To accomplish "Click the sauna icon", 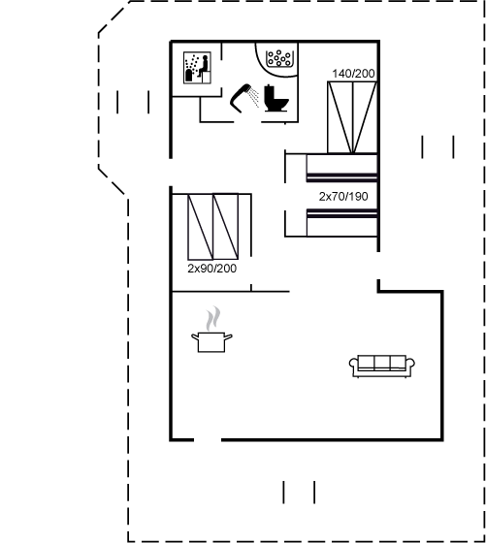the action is (x=197, y=68).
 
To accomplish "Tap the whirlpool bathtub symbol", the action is (x=278, y=58).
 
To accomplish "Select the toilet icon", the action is (x=276, y=98).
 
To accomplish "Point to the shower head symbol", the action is (x=241, y=98).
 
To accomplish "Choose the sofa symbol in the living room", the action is (x=382, y=366).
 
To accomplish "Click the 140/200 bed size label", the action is (x=353, y=74).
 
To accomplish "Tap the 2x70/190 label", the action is (x=343, y=196).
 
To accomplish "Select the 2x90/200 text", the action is (x=212, y=269).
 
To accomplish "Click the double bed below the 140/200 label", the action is (x=352, y=117).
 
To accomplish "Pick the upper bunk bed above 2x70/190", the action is (x=341, y=168).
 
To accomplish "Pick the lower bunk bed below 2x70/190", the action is (x=341, y=223).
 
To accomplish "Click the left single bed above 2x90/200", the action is (x=200, y=227).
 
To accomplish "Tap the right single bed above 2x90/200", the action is (x=225, y=227).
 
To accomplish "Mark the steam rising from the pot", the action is (x=212, y=319).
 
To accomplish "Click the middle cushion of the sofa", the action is (x=382, y=363).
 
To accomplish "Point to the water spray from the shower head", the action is (x=254, y=97).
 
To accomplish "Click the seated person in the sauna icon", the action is (x=204, y=66).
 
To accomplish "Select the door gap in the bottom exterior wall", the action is (x=208, y=440).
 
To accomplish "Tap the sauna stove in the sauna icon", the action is (x=189, y=76).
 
